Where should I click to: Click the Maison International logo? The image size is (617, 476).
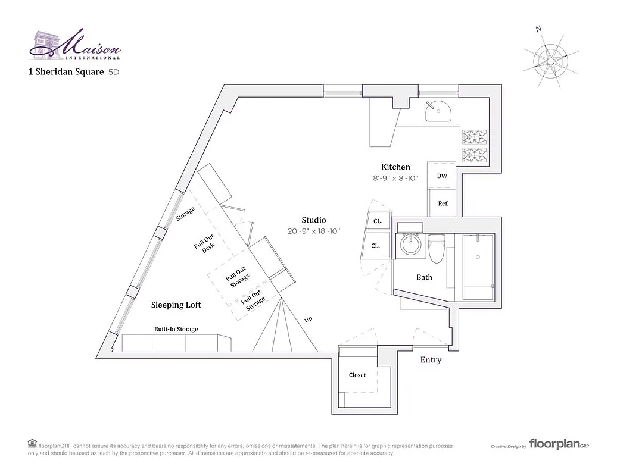coord(75,45)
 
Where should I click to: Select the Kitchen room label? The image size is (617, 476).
coord(395,167)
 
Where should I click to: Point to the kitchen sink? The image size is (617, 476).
coord(439,111)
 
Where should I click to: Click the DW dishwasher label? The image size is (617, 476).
coord(442,176)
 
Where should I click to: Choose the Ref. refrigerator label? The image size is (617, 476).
coord(443,203)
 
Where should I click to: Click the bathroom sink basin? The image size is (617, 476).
coord(410,245)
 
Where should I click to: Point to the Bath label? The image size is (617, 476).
coord(424,277)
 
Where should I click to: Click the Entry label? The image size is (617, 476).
coord(431,360)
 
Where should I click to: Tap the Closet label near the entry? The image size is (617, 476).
coord(357,375)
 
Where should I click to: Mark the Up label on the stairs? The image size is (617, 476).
coord(308,320)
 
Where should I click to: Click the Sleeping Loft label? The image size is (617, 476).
coord(176,305)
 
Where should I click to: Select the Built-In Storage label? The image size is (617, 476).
coord(176,329)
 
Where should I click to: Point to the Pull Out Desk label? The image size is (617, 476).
coord(204,245)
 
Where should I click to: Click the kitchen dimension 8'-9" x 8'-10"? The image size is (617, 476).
coord(395,178)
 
